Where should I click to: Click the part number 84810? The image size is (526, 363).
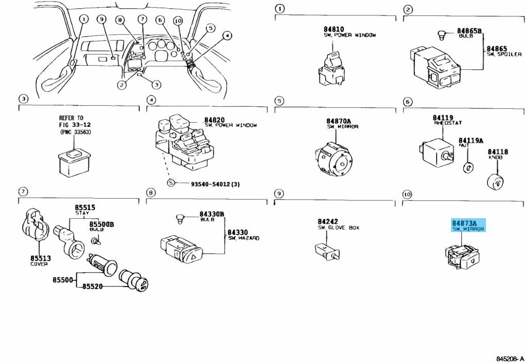[334, 29]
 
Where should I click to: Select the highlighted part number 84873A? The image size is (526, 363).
[464, 223]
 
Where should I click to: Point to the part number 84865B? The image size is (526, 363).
[470, 31]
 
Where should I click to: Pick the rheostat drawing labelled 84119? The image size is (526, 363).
[436, 149]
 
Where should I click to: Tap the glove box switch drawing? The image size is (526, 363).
[326, 250]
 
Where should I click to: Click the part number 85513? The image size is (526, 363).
[39, 258]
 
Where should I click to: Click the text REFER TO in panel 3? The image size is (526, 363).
[71, 118]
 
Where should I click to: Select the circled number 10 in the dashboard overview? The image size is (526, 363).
[178, 21]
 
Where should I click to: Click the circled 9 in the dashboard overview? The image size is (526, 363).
[101, 20]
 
